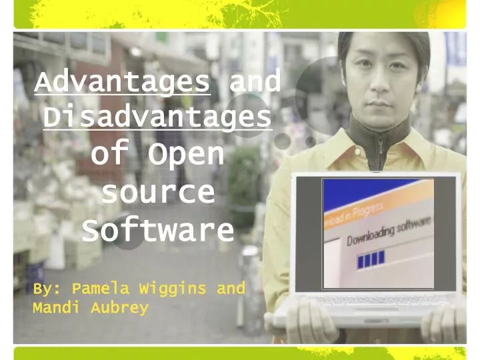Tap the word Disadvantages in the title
pos(157,118)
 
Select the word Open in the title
pos(185,154)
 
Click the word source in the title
pos(158,193)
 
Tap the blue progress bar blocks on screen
pos(371,259)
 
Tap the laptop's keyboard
pos(373,301)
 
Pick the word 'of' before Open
pos(108,154)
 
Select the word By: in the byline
pos(47,289)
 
